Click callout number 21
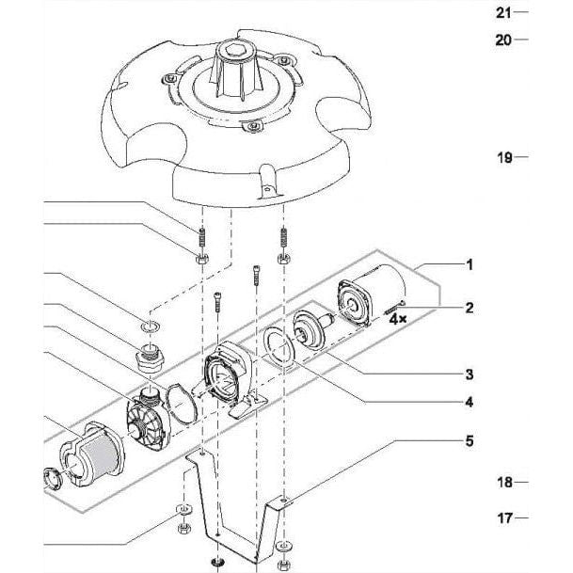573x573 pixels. (503, 13)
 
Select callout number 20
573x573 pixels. (503, 40)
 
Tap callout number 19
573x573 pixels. (504, 157)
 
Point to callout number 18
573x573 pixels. (504, 483)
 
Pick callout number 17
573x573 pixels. (504, 517)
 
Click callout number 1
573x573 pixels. (470, 265)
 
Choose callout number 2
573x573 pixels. (470, 308)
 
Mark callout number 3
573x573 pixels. (470, 374)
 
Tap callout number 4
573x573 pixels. (470, 403)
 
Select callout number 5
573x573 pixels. (470, 440)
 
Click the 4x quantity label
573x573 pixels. (398, 319)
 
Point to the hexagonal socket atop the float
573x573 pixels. (233, 50)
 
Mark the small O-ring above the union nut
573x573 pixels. (150, 326)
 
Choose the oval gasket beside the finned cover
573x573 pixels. (182, 404)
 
